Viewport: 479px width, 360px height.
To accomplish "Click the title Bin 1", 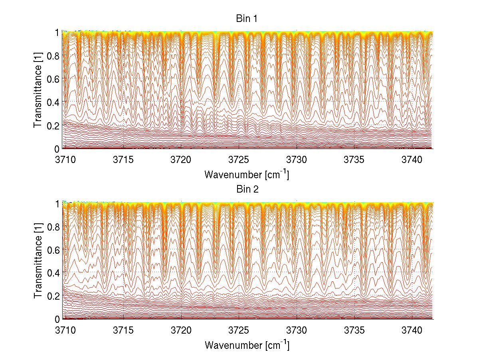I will [x=247, y=18].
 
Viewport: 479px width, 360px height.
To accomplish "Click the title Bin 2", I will [x=247, y=189].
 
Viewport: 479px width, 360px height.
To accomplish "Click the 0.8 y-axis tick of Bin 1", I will [x=53, y=55].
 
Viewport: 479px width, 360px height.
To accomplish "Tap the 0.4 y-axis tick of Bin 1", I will [x=53, y=102].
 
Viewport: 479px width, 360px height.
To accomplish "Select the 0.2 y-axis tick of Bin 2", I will [x=53, y=296].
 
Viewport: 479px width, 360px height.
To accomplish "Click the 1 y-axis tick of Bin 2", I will [x=57, y=203].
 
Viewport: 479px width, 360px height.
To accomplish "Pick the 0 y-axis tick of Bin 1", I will [x=57, y=149].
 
